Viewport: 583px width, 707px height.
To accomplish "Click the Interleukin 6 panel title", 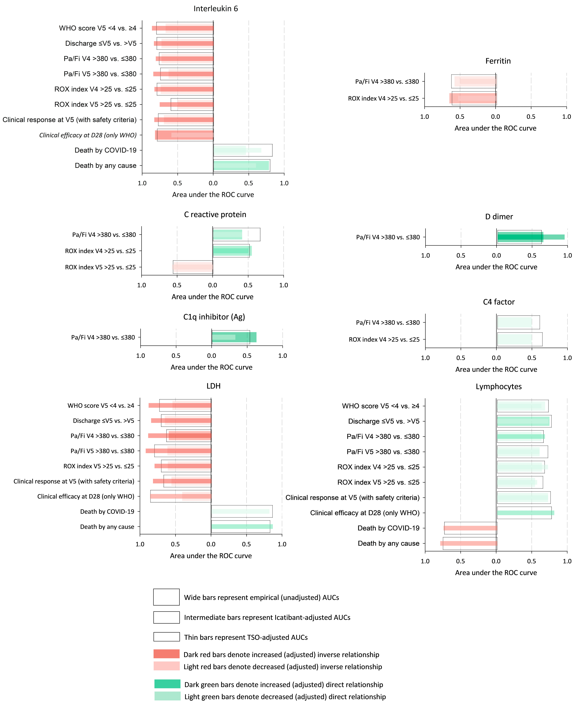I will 216,9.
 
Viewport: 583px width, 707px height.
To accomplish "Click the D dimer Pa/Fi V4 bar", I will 520,237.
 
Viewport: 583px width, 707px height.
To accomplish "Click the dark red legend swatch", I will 167,654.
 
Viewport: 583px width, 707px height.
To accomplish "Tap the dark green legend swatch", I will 167,684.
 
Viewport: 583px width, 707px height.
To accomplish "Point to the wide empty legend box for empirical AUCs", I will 166,597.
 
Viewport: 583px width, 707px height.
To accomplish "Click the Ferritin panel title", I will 498,61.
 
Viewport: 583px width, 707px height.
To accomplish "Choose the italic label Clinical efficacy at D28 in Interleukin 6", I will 88,135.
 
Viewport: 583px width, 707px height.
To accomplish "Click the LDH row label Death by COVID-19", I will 107,511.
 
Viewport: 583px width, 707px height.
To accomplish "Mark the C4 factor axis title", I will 496,369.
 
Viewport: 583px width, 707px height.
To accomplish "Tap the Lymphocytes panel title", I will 498,387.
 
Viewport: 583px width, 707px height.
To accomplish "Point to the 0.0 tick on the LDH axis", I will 211,544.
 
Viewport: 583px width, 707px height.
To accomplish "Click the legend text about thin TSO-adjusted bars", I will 246,637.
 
